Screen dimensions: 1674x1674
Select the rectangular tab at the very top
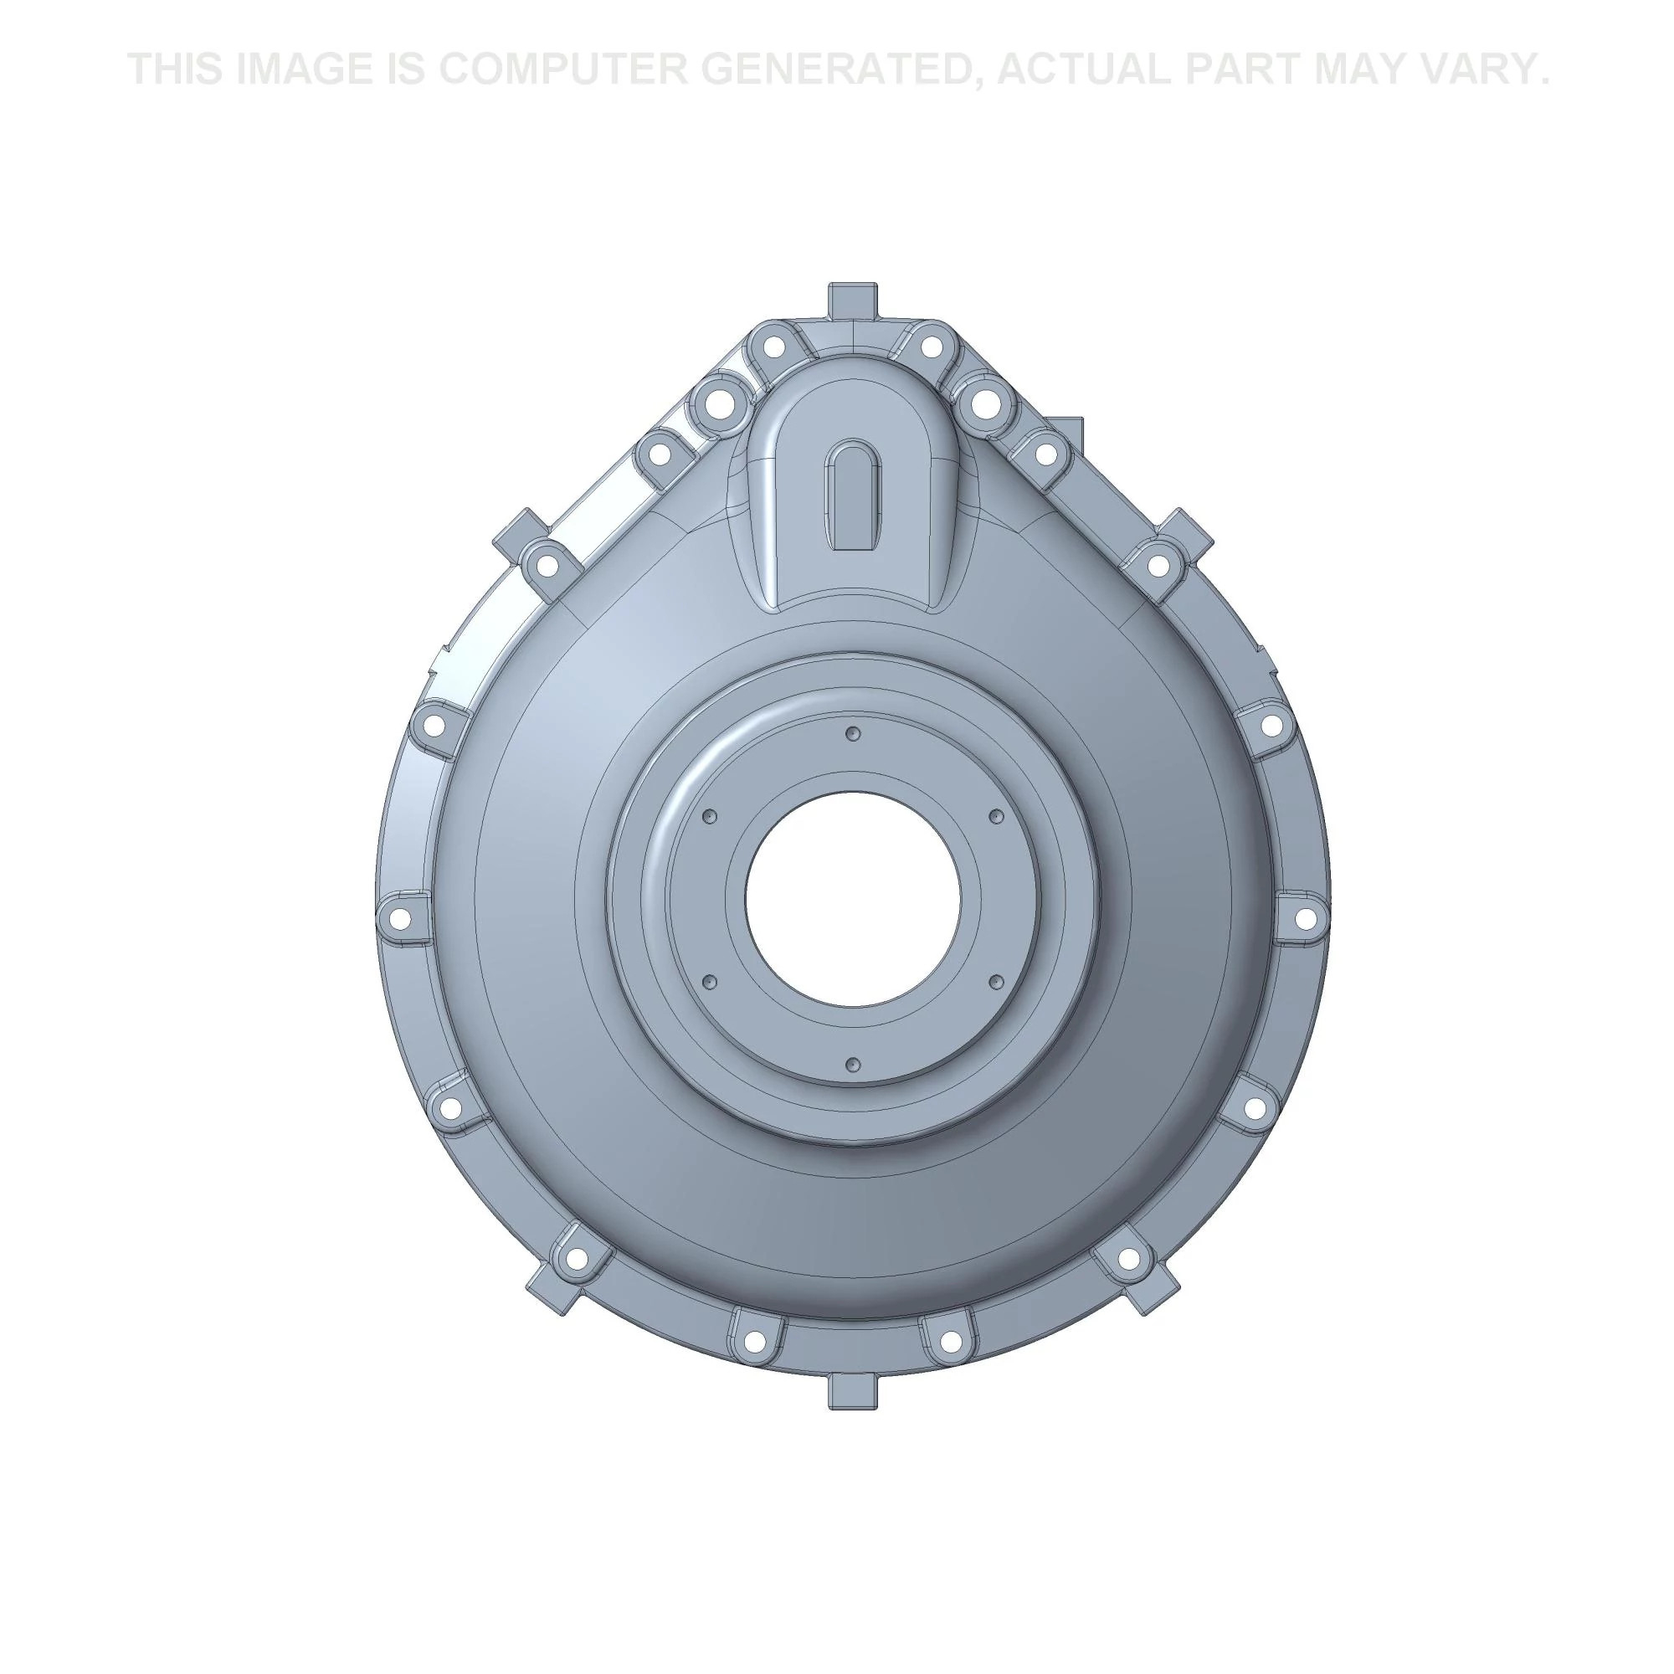(853, 300)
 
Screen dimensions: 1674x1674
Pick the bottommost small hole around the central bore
(853, 1063)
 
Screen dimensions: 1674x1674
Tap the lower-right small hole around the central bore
(996, 981)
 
